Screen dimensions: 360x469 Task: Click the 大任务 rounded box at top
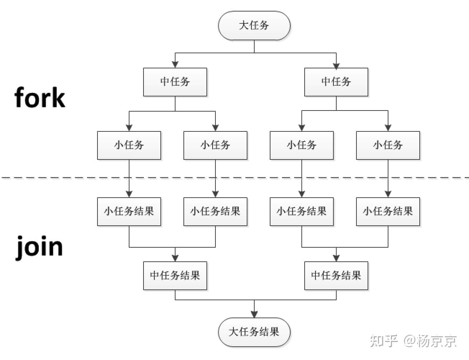tap(254, 26)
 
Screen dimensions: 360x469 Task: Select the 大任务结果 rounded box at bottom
tap(254, 332)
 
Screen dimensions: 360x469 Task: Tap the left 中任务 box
tap(175, 82)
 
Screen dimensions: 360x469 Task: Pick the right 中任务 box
tap(336, 82)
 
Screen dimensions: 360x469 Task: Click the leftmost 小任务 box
tap(129, 145)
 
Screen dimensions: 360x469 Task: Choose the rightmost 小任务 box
tap(388, 145)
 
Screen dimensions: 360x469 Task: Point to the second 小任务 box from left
tap(215, 145)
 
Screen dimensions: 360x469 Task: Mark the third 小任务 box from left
tap(301, 145)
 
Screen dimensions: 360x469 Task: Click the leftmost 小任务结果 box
tap(129, 211)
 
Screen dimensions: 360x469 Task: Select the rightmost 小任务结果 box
tap(388, 211)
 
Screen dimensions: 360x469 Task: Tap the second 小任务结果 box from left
tap(215, 211)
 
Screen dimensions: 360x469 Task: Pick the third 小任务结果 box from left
tap(301, 211)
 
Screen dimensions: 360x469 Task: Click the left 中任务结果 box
tap(175, 275)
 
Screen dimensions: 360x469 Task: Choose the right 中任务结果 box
tap(336, 275)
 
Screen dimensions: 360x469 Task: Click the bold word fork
tap(40, 97)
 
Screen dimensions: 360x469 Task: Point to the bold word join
tap(40, 247)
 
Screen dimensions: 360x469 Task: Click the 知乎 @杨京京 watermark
tap(413, 341)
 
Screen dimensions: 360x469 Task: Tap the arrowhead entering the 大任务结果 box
tap(254, 314)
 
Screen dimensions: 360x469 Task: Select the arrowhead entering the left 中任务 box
tap(175, 65)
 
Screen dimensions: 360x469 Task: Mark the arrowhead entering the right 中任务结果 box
tap(336, 258)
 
